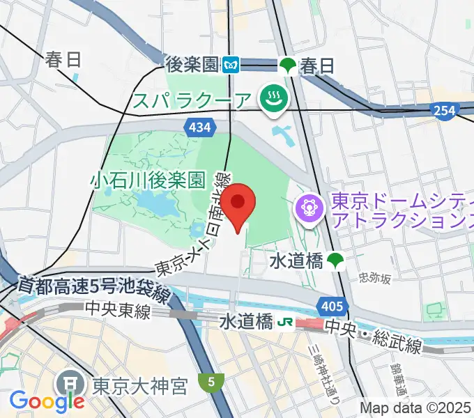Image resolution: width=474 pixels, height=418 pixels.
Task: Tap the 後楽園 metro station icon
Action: [x=231, y=66]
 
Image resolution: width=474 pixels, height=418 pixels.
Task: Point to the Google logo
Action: [x=47, y=401]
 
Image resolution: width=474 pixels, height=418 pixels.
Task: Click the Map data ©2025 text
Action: [x=415, y=408]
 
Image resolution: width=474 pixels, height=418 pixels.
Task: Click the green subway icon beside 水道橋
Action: [x=337, y=261]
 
